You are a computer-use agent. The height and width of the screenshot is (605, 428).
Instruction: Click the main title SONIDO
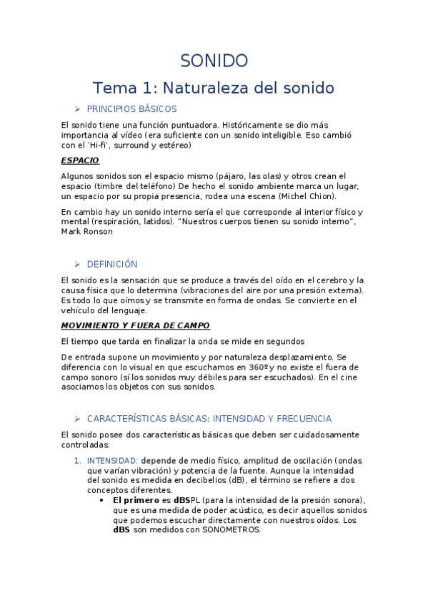tap(214, 61)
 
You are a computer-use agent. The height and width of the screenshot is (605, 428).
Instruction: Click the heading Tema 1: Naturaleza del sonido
tap(214, 88)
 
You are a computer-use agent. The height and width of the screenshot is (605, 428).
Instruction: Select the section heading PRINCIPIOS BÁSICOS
tap(131, 109)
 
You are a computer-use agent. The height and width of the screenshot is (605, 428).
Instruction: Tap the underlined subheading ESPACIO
tap(80, 161)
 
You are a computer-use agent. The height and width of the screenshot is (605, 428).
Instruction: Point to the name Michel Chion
tap(309, 196)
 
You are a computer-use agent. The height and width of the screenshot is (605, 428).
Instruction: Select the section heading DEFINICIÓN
tap(112, 264)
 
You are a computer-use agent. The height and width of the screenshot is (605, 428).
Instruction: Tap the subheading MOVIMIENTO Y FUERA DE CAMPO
tap(135, 325)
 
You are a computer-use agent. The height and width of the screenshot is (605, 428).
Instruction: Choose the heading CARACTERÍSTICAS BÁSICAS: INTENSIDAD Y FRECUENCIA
tap(209, 419)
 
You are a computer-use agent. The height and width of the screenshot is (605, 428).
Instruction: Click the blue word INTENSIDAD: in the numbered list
tap(112, 460)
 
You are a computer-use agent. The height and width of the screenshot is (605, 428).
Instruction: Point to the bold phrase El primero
tap(136, 500)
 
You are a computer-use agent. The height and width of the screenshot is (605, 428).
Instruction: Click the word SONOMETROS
tap(232, 530)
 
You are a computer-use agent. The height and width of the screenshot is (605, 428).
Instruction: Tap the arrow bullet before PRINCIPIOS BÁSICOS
tap(78, 109)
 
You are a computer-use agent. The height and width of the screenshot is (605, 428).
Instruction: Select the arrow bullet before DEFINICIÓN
tap(78, 264)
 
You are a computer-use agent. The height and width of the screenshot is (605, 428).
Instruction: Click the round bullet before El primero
tap(104, 500)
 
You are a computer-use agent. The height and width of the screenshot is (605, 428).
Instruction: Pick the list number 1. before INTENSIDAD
tap(78, 460)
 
